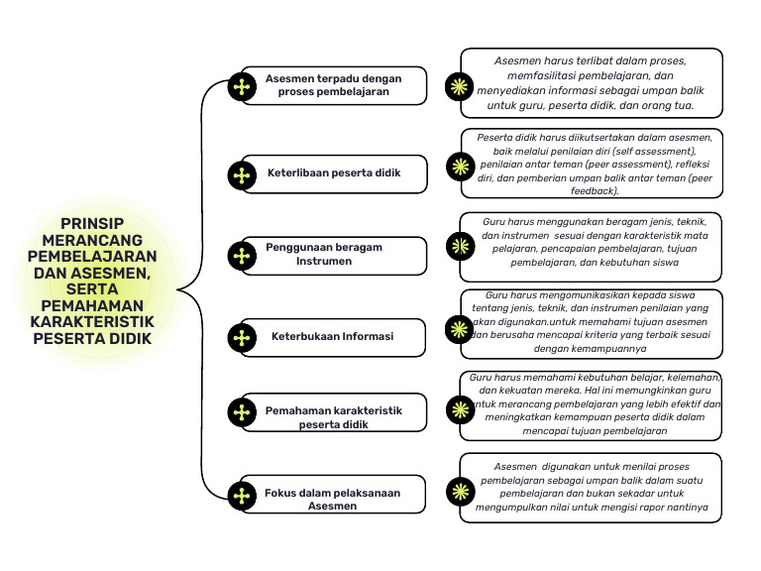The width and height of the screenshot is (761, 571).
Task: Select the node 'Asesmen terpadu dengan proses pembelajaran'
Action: coord(333,85)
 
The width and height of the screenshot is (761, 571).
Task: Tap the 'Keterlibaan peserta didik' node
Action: coord(334,173)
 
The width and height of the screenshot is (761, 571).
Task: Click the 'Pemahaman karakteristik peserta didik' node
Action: coord(333,417)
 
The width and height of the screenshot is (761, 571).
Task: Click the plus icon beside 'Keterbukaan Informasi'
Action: coord(242,337)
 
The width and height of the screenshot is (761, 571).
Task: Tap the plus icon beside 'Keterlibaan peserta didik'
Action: coord(242,175)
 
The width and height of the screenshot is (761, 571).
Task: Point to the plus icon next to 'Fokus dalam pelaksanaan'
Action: coord(242,496)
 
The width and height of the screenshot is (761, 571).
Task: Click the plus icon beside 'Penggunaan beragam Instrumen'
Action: coord(242,256)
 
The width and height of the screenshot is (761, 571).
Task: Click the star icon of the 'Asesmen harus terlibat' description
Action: coord(459,85)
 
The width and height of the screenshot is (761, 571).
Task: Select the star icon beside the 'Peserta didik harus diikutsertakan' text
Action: coord(459,164)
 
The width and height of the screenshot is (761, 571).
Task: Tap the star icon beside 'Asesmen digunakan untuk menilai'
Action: coord(459,490)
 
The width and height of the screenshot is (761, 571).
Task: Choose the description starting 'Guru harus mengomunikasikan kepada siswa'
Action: coord(595,321)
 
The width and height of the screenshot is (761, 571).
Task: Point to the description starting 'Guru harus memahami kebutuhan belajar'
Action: coord(595,404)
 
